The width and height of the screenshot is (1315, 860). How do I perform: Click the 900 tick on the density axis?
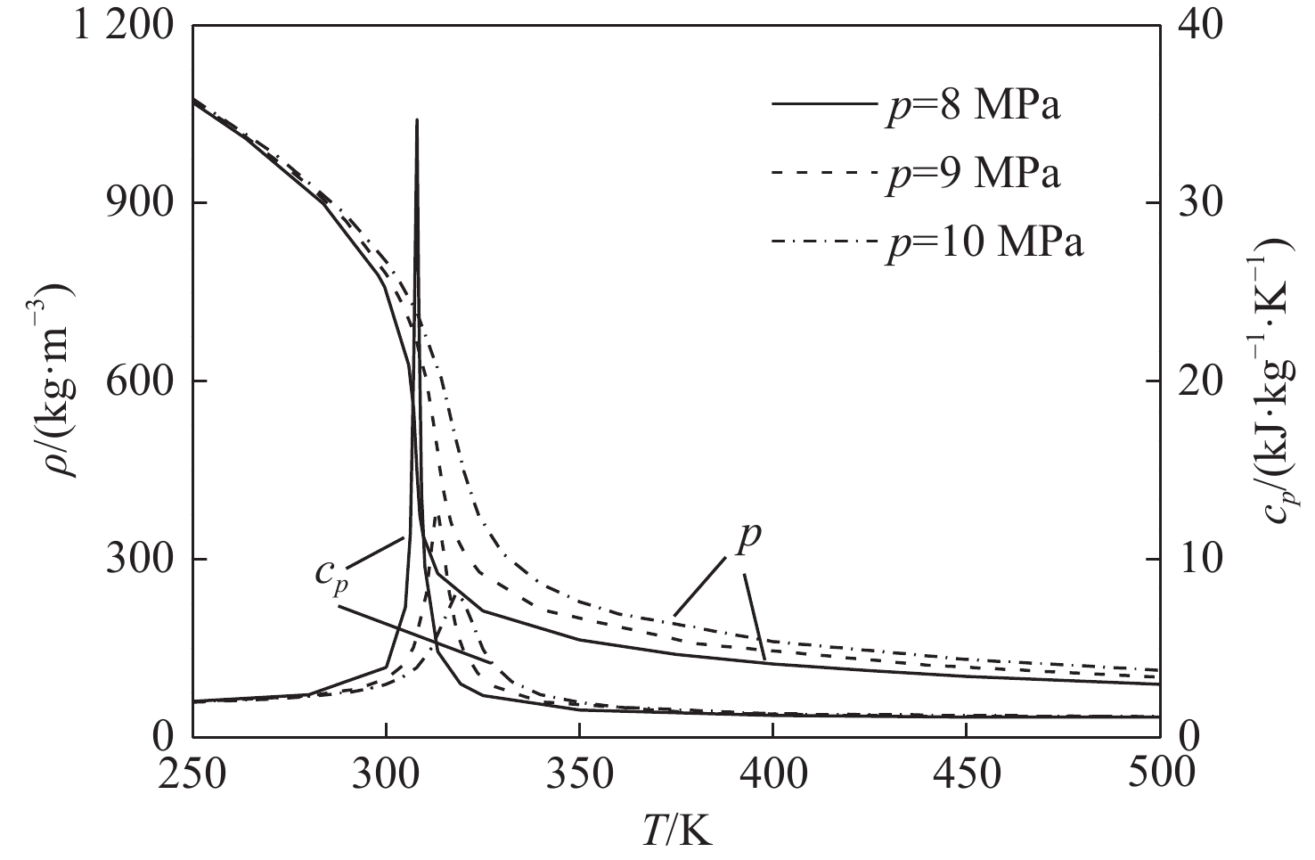137,203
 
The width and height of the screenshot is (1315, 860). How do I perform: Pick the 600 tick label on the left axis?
137,381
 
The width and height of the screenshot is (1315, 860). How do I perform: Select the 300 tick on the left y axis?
137,560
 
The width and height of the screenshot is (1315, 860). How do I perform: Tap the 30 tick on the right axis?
1203,203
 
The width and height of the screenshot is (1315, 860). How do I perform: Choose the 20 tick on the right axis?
1203,381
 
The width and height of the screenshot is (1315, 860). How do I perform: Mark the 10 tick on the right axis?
1203,560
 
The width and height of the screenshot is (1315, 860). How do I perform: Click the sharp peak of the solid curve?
417,120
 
